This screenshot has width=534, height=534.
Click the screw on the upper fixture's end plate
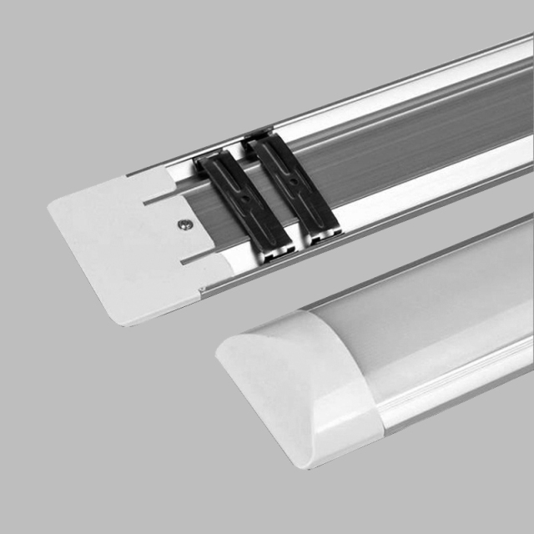pyautogui.click(x=183, y=224)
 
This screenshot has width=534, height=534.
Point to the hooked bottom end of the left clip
pyautogui.click(x=275, y=248)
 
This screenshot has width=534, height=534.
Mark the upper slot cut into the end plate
pyautogui.click(x=159, y=199)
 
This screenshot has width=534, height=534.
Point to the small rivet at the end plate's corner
pyautogui.click(x=200, y=293)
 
